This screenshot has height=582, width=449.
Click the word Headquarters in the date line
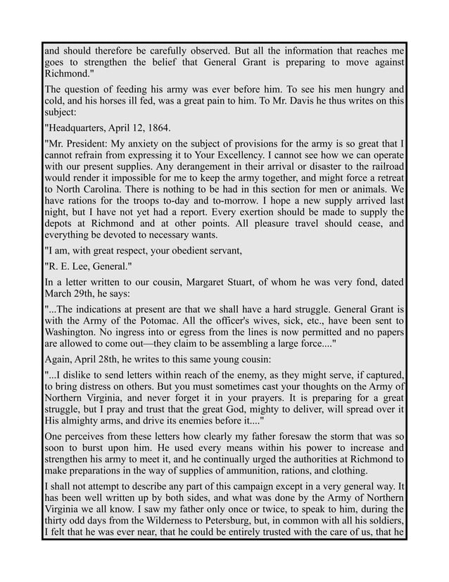tap(77, 128)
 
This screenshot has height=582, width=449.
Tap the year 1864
tap(158, 128)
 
